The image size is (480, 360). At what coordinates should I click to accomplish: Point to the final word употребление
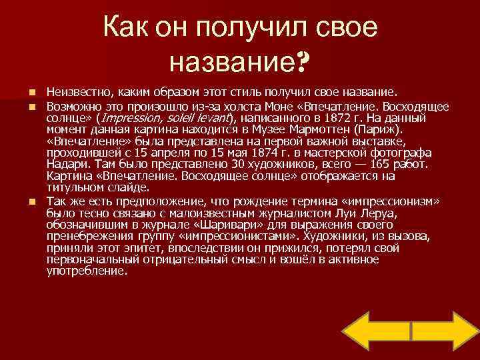87,272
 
